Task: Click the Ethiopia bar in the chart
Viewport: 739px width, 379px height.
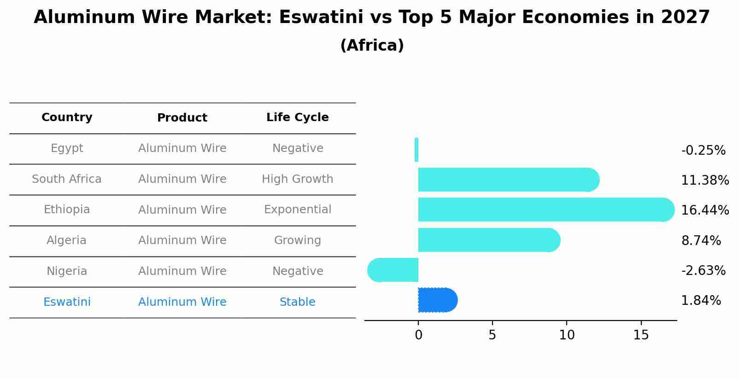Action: (x=544, y=210)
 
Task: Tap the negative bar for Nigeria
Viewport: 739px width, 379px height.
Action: (x=393, y=270)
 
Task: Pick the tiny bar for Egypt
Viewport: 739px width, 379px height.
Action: (x=416, y=150)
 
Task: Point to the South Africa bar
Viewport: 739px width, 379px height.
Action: (x=507, y=180)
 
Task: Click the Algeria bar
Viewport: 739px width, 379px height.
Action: (x=488, y=240)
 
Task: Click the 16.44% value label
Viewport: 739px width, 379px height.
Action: (x=704, y=210)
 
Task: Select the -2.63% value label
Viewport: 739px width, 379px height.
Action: (x=703, y=271)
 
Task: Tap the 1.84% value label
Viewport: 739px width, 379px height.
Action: (x=701, y=301)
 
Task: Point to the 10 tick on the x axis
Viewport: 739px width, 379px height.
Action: (x=567, y=335)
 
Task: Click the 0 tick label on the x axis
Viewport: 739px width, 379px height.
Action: (x=418, y=335)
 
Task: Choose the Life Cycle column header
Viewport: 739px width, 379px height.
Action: (x=297, y=117)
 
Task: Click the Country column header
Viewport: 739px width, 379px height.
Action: (x=67, y=117)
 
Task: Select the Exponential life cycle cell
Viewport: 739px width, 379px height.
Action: (x=297, y=210)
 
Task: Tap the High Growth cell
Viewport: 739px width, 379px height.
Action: (x=297, y=179)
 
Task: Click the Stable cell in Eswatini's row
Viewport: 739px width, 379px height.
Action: (x=297, y=302)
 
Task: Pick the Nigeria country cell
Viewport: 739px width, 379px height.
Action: (x=67, y=271)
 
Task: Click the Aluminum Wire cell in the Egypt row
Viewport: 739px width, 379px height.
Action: (x=182, y=148)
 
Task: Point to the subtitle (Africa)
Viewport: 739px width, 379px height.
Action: (x=372, y=46)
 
